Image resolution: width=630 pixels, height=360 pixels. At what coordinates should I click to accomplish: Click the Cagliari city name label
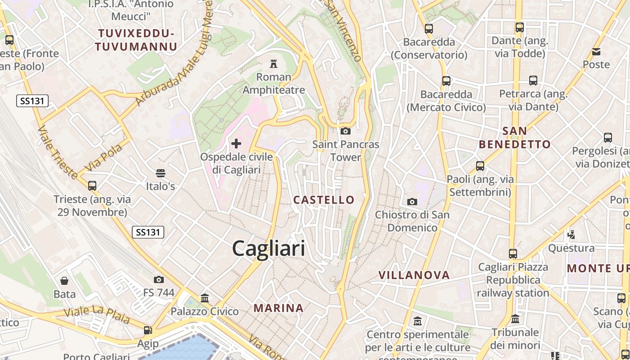tap(269, 248)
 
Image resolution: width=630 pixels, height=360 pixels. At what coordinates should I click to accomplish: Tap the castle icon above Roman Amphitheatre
tap(273, 63)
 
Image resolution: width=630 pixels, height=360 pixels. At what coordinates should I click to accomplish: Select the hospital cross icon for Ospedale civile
tap(236, 144)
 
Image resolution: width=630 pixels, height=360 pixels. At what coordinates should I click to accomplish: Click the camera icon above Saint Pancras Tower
tap(346, 131)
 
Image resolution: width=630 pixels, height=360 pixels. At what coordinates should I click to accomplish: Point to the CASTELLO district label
tap(324, 200)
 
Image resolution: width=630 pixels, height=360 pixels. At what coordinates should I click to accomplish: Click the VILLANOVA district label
tap(414, 275)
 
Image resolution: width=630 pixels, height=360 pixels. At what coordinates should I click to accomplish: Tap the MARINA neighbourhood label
tap(279, 308)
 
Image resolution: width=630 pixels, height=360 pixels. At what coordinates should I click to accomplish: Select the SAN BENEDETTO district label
tap(515, 138)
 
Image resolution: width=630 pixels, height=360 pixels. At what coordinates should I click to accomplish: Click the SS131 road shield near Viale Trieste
tap(32, 101)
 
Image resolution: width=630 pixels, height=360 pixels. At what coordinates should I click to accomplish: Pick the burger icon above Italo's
tap(161, 173)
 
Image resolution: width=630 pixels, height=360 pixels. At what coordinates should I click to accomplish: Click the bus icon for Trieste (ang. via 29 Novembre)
tap(92, 185)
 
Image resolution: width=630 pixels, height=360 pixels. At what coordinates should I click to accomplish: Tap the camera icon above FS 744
tap(158, 279)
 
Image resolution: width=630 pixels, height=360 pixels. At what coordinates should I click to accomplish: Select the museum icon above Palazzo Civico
tap(205, 298)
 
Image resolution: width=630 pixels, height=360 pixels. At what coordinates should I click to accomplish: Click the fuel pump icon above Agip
tap(148, 330)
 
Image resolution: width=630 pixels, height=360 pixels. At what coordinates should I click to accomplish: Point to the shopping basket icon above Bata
tap(64, 281)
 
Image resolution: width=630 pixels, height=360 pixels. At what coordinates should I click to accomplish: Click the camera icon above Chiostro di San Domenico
tap(412, 202)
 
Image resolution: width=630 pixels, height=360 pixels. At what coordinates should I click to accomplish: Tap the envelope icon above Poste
tap(596, 51)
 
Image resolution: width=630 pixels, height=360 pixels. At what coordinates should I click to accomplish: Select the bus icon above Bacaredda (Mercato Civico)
tap(446, 81)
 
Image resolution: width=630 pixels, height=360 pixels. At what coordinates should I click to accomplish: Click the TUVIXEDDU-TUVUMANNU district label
tap(136, 40)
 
